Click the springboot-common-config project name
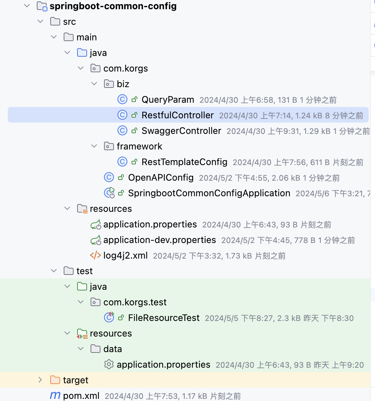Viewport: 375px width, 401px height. coord(113,6)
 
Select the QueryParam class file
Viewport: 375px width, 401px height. coord(168,100)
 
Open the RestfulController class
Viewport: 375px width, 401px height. coord(178,115)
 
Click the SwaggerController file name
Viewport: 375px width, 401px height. coord(181,131)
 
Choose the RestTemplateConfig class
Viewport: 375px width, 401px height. coord(184,162)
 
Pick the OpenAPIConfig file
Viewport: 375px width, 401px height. coord(161,177)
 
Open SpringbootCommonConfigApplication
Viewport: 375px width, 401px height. coord(209,193)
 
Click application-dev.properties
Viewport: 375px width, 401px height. coord(160,240)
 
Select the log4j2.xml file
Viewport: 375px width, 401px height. coord(126,255)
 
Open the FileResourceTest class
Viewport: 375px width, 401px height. coord(164,318)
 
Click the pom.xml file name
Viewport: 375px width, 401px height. coord(81,396)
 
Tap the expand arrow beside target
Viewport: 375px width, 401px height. coord(40,380)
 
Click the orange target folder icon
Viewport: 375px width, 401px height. coord(55,380)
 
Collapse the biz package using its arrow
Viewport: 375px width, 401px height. coord(94,84)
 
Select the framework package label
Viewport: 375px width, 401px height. coord(139,146)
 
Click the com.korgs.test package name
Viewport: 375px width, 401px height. coord(135,302)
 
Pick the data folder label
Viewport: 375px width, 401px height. coord(112,349)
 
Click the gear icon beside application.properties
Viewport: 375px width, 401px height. coord(109,365)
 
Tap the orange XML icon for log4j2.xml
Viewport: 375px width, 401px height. coord(96,255)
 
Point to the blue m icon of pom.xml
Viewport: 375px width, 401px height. coord(55,395)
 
